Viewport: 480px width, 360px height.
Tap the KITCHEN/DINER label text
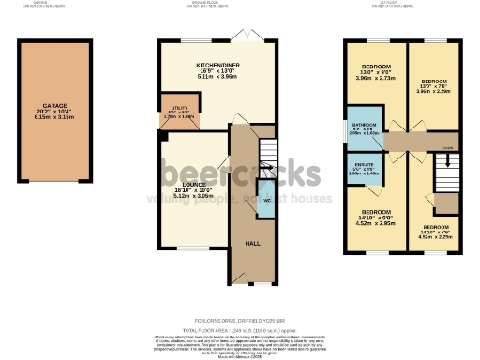(217, 64)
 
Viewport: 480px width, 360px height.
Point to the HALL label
(252, 243)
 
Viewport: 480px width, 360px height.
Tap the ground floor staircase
(268, 150)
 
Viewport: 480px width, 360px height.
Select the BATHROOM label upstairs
(364, 124)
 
